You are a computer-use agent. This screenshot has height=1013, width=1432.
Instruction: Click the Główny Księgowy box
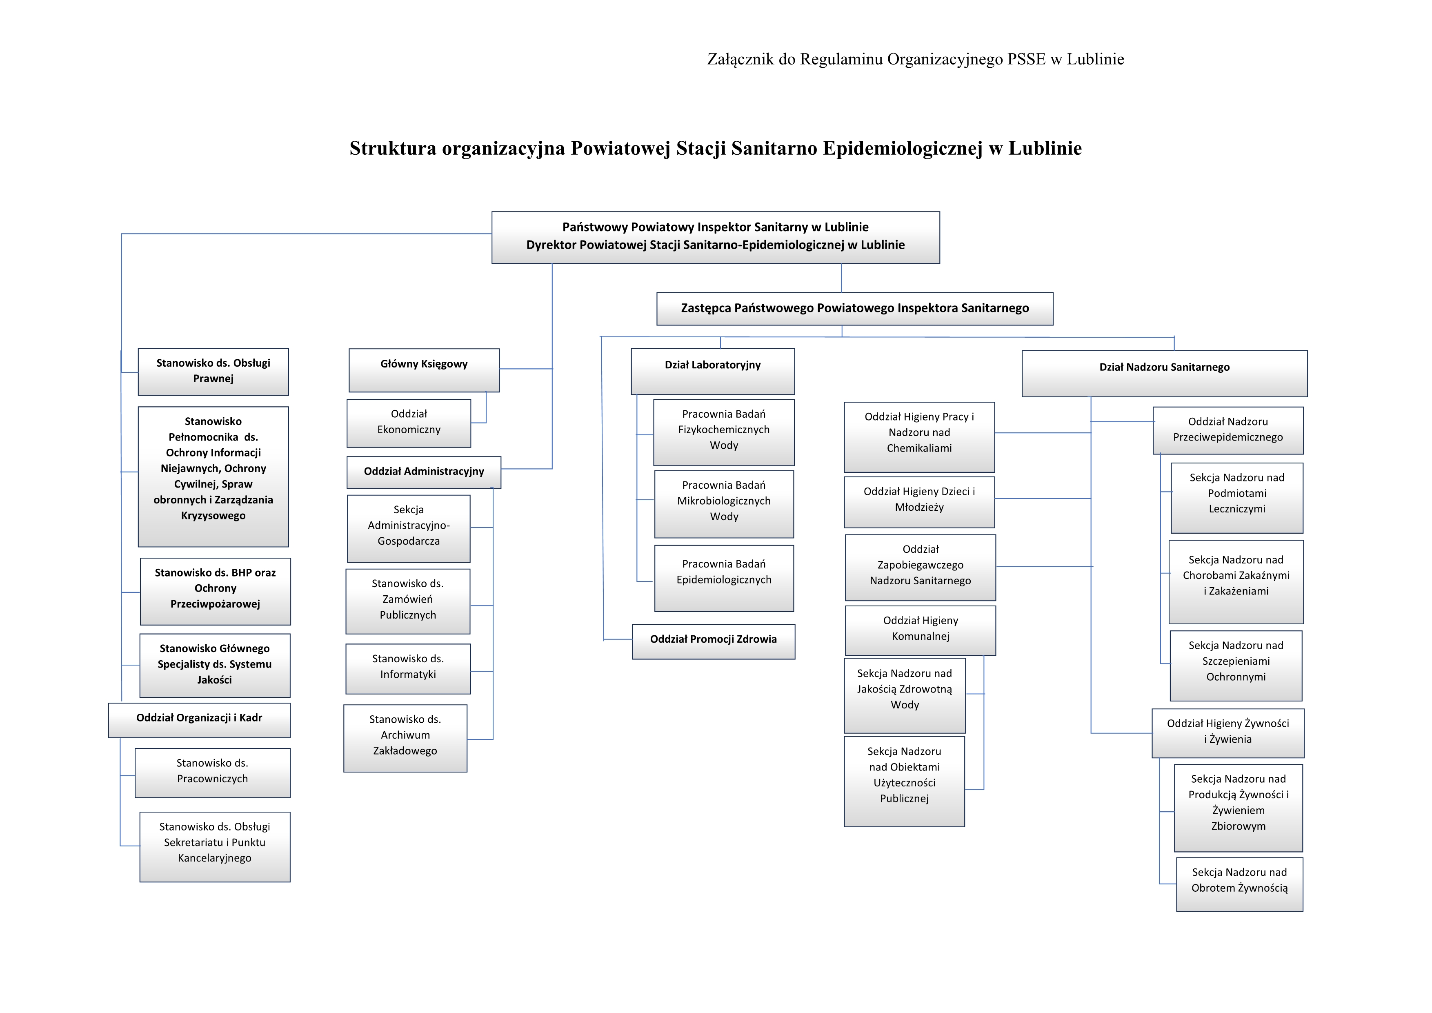pos(424,370)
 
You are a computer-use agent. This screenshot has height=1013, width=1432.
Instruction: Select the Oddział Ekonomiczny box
pos(409,423)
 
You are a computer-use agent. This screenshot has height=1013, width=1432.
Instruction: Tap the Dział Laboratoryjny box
pos(712,371)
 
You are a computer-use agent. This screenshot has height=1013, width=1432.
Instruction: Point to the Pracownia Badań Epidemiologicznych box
pos(723,578)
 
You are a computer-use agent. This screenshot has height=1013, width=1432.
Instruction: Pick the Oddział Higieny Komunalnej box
pos(920,630)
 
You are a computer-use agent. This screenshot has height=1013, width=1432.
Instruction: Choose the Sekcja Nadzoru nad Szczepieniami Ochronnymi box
pos(1236,665)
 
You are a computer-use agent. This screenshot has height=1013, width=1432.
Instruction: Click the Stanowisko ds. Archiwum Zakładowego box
pos(405,738)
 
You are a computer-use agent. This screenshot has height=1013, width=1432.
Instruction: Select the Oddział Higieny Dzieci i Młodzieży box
pos(919,501)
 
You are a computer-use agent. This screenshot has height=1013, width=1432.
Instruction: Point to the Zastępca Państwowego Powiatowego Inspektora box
pos(854,309)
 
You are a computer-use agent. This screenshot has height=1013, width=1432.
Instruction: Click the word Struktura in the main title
pos(392,149)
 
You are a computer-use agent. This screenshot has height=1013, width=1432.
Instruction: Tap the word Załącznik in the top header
pos(739,59)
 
